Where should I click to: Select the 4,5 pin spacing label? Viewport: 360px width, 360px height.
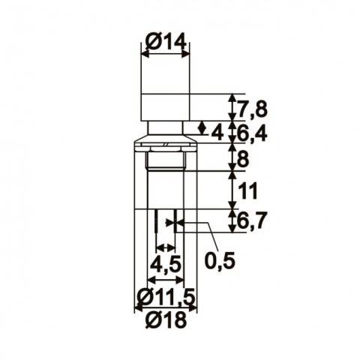pos(164,265)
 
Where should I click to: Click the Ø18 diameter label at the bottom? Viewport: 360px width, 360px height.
pos(165,321)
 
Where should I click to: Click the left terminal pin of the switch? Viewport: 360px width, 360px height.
pos(154,223)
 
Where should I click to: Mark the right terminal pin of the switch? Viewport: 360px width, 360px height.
pos(175,223)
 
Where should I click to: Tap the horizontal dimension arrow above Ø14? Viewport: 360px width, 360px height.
pos(165,55)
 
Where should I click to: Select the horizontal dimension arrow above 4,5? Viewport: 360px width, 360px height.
pos(165,248)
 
